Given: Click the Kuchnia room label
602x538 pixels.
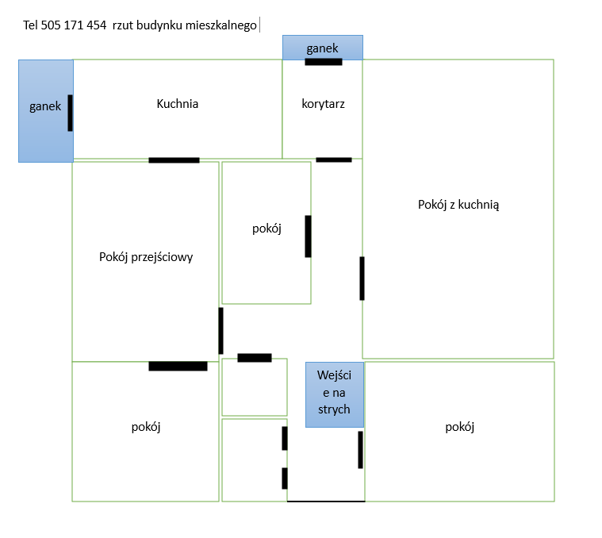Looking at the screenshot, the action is click(178, 104).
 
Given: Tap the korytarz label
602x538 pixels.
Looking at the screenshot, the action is click(323, 104).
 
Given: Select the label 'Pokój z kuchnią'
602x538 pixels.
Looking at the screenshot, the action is click(458, 205).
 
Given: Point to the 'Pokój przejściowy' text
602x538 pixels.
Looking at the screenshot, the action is click(146, 257).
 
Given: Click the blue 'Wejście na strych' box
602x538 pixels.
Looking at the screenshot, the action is click(335, 394).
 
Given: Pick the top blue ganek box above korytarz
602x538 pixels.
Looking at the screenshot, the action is click(323, 48).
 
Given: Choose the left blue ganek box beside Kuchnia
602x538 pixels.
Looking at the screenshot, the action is click(46, 111).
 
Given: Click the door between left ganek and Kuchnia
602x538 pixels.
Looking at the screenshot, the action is click(71, 113).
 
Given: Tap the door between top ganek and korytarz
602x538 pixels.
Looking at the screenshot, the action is click(324, 62).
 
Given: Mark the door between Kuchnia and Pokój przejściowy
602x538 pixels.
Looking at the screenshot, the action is click(174, 160).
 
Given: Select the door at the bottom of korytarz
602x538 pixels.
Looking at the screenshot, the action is click(334, 159).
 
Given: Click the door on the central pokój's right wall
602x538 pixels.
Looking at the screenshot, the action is click(308, 236).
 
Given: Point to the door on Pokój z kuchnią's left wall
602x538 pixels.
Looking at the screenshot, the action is click(362, 279).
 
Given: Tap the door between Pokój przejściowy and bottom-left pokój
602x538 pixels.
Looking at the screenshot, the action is click(178, 366).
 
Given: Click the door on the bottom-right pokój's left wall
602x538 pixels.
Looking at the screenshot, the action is click(361, 450).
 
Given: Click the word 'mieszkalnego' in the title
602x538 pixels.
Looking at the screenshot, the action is click(221, 25).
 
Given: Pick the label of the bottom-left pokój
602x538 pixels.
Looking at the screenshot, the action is click(146, 427).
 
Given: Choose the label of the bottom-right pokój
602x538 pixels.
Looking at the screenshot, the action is click(459, 427).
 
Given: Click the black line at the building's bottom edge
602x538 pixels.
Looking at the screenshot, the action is click(326, 501).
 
